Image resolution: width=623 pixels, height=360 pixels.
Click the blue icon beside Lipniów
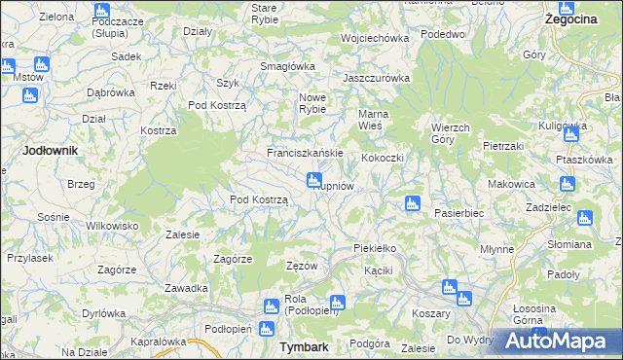(314, 180)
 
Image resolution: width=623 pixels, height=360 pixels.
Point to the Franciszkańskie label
(305, 154)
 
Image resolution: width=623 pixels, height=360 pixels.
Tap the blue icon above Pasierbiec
(412, 204)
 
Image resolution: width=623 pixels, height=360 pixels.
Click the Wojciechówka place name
(373, 38)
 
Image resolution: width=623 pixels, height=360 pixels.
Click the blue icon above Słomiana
(585, 219)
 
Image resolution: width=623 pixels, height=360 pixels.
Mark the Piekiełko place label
(375, 249)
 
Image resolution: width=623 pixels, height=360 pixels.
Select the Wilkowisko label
(108, 225)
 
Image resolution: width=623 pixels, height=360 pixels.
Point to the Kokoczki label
(382, 158)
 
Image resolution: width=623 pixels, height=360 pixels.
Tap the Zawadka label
(187, 288)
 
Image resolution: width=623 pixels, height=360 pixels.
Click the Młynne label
(497, 249)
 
